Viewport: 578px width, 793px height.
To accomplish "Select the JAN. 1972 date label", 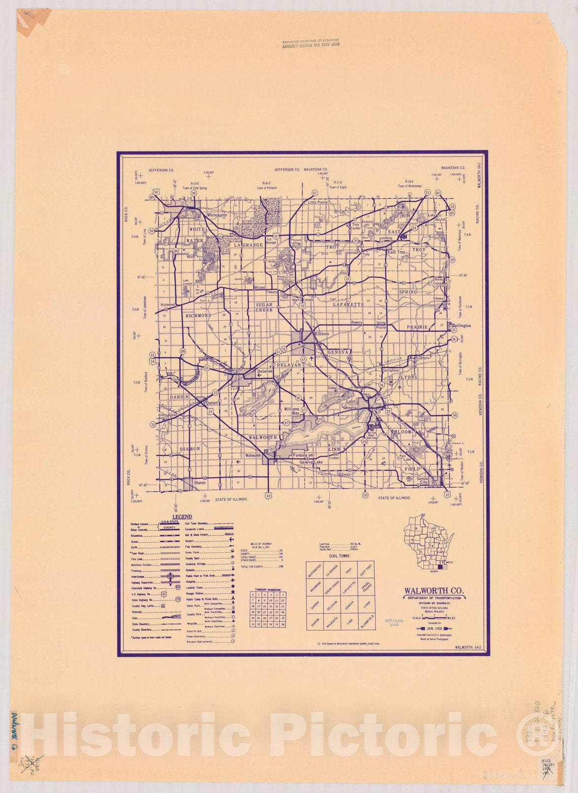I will tap(434, 629).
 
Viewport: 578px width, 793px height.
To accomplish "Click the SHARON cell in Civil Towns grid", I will tap(314, 621).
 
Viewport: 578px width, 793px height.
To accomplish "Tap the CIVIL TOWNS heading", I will tap(340, 556).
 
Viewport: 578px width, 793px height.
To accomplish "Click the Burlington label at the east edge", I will tap(461, 326).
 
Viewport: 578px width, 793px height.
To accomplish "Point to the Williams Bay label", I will tap(292, 410).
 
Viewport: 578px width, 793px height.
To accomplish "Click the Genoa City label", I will tap(422, 480).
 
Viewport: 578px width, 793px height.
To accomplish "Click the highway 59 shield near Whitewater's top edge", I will tap(194, 193).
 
